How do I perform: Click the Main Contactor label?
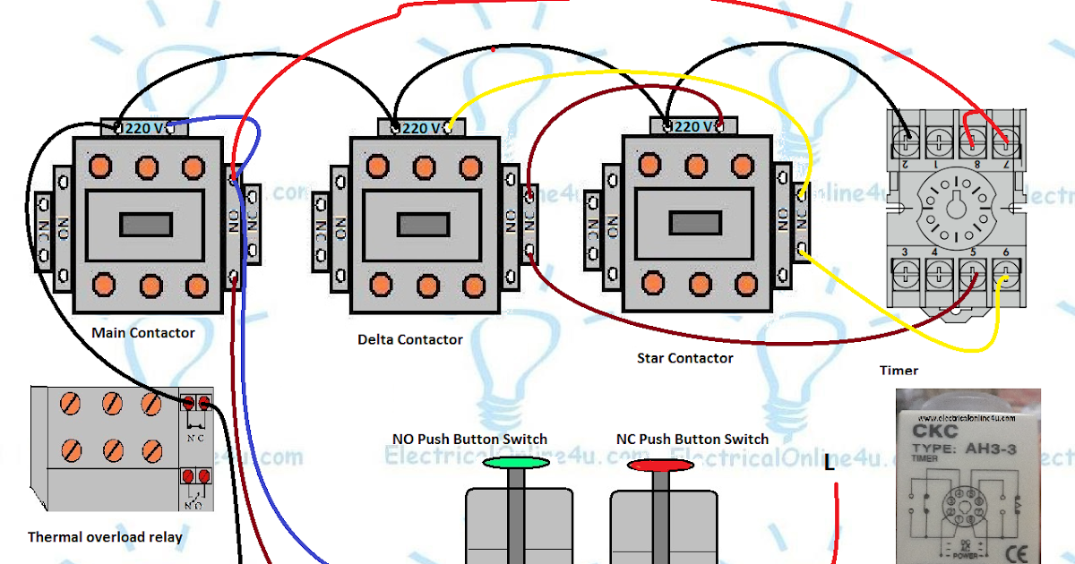143,333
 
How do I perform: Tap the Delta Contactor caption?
410,340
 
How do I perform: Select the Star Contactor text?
684,358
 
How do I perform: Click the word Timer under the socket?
899,370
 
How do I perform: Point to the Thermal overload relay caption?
105,537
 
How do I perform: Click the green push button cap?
516,463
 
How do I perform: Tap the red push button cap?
660,465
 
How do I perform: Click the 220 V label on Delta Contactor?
421,128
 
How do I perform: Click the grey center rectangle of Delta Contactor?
423,224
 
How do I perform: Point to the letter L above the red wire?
830,464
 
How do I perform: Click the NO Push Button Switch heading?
469,440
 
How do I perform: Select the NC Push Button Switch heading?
692,440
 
